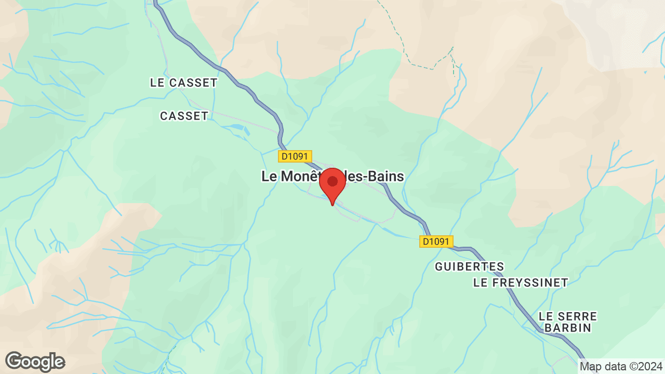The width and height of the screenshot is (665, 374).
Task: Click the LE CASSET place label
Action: click(x=183, y=83)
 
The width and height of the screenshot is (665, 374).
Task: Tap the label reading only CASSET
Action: click(x=184, y=116)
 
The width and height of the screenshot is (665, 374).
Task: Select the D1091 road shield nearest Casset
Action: click(x=295, y=156)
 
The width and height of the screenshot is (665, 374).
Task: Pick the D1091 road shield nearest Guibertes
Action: click(x=436, y=242)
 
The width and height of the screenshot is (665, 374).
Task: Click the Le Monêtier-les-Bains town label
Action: click(x=332, y=177)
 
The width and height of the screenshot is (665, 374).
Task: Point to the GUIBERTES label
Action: click(x=469, y=266)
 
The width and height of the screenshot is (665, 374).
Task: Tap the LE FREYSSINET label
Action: click(x=521, y=283)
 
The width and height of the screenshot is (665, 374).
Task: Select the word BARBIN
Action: click(x=568, y=328)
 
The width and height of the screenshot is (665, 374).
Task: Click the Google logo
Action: click(x=35, y=362)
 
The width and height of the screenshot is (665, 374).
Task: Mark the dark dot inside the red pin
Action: click(x=332, y=181)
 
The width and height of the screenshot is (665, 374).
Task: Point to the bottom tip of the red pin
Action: click(x=332, y=205)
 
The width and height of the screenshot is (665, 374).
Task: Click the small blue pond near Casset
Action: click(x=235, y=127)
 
